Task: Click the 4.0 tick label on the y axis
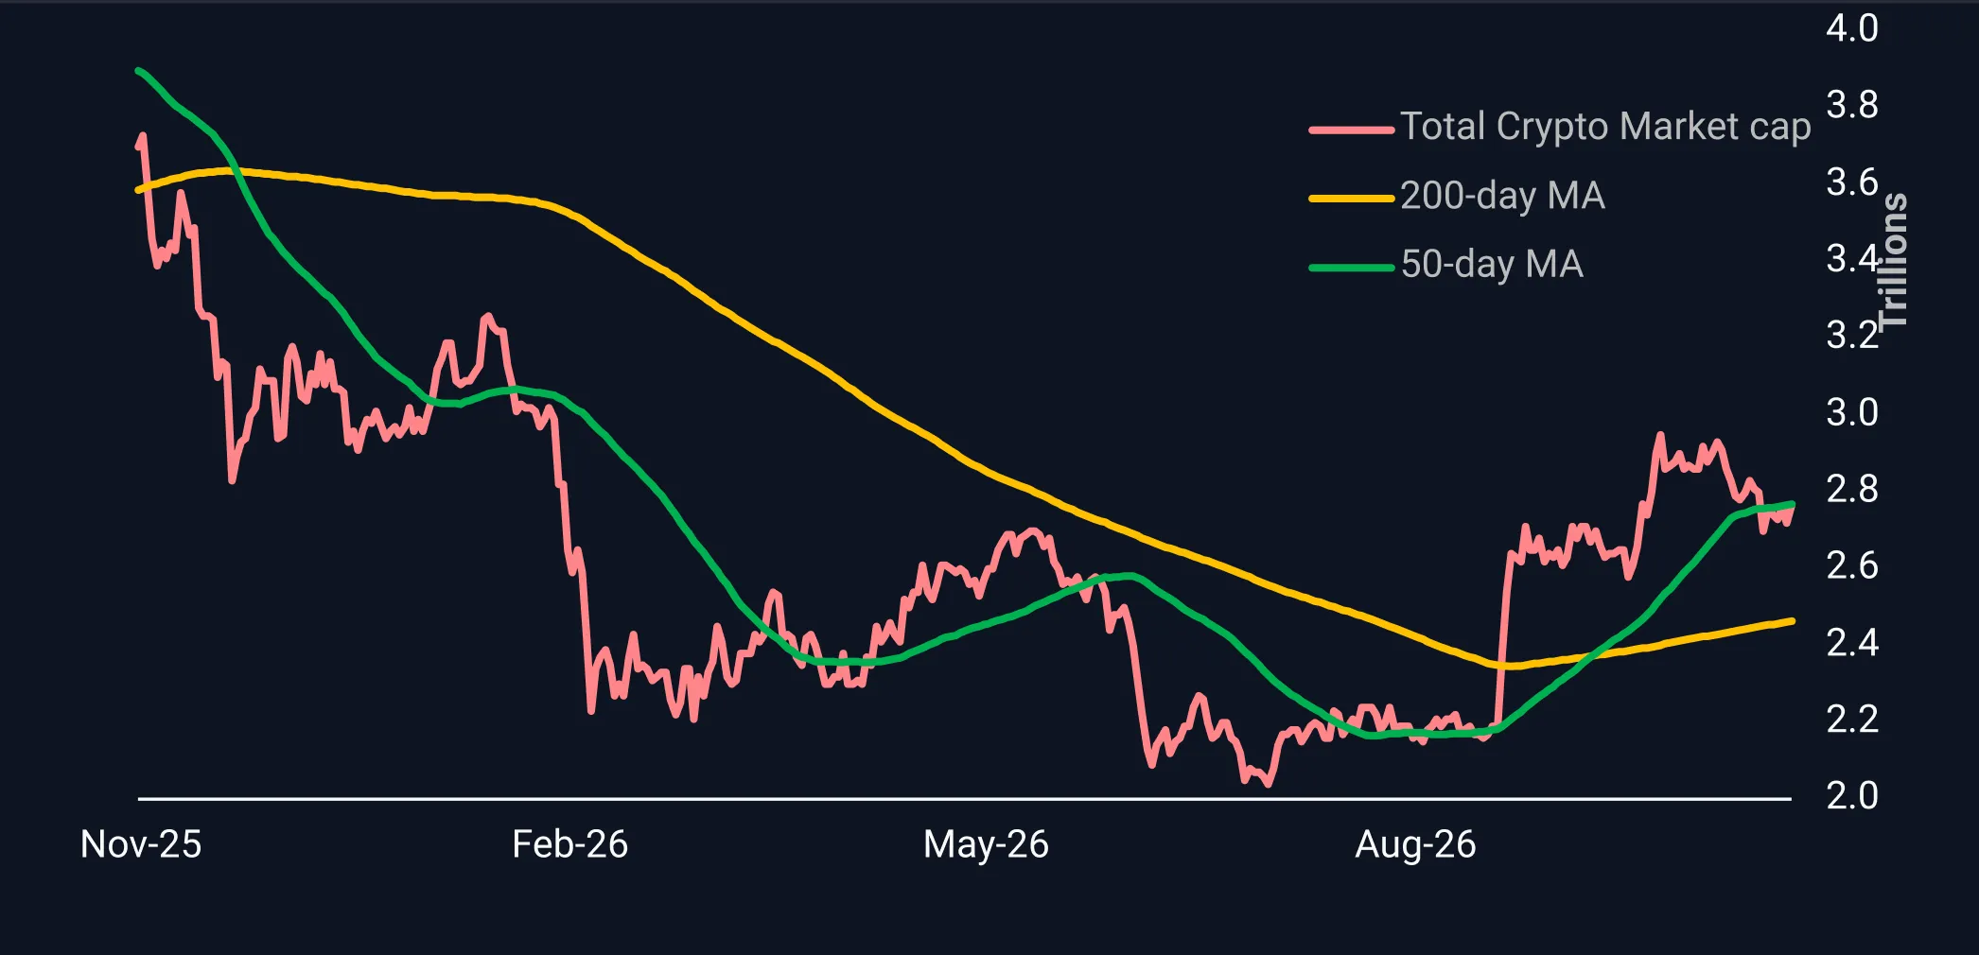click(1851, 28)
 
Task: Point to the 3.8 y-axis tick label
click(1851, 105)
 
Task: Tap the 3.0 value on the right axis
click(1851, 412)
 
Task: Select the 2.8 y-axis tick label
click(1851, 489)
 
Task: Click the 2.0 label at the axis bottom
click(1851, 795)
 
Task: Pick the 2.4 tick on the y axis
click(1851, 642)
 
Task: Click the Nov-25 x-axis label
click(141, 844)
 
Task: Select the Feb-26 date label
click(569, 844)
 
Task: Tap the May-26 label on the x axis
click(986, 844)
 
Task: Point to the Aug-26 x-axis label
click(1415, 844)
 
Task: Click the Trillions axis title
click(1893, 261)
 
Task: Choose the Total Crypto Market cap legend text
click(1605, 127)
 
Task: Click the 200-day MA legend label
click(1502, 196)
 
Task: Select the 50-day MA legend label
click(1492, 265)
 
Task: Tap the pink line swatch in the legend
click(1351, 130)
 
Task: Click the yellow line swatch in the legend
click(1351, 199)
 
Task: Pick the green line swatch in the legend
click(1351, 268)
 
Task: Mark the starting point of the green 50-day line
click(139, 71)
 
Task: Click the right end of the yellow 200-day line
click(1792, 621)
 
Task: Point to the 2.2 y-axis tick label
click(1851, 719)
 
